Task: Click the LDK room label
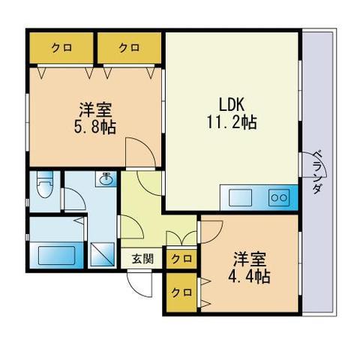pyautogui.click(x=232, y=104)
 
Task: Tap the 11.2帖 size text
pyautogui.click(x=232, y=122)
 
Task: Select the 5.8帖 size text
pyautogui.click(x=94, y=127)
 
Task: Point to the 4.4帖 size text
pyautogui.click(x=249, y=277)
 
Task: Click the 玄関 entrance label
pyautogui.click(x=142, y=259)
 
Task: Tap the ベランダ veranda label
pyautogui.click(x=316, y=172)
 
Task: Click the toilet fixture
pyautogui.click(x=45, y=184)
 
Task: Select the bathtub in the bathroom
pyautogui.click(x=56, y=255)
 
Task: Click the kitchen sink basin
pyautogui.click(x=240, y=198)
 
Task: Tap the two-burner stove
pyautogui.click(x=279, y=198)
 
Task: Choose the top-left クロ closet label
pyautogui.click(x=61, y=47)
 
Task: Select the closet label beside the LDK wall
pyautogui.click(x=129, y=47)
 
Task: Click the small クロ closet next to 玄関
pyautogui.click(x=181, y=259)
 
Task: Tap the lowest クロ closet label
pyautogui.click(x=181, y=292)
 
